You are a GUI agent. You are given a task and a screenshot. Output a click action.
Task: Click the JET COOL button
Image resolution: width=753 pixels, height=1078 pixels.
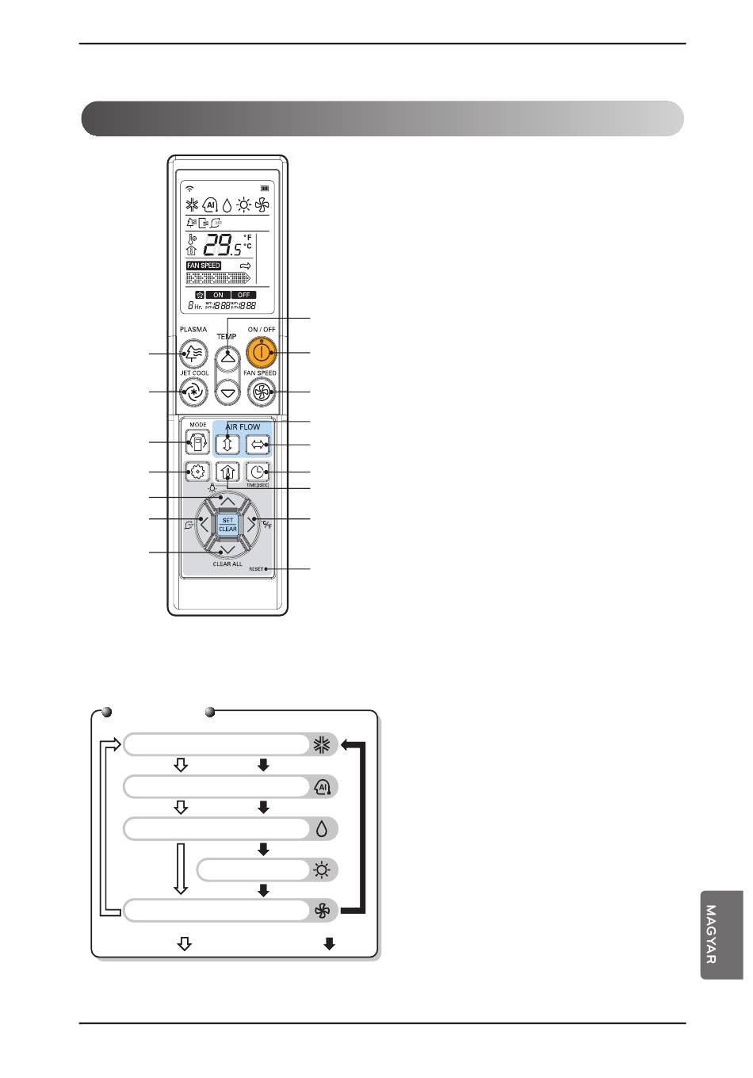click(x=193, y=391)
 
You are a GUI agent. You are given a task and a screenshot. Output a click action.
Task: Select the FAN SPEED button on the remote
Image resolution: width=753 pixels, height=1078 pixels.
click(x=260, y=391)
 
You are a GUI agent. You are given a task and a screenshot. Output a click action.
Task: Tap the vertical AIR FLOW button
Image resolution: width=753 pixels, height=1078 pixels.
click(x=227, y=444)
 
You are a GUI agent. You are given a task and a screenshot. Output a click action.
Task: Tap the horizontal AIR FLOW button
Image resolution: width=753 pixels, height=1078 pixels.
click(x=258, y=444)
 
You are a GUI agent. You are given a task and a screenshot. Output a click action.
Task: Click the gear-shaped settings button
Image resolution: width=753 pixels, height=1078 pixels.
click(x=197, y=472)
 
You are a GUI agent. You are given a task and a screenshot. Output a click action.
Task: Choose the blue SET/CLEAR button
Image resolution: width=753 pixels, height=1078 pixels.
click(x=227, y=524)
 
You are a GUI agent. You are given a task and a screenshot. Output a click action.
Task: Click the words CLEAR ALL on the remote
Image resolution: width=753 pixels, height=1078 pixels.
click(x=227, y=564)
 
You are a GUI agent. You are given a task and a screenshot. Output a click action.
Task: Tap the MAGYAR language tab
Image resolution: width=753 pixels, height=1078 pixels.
click(x=721, y=935)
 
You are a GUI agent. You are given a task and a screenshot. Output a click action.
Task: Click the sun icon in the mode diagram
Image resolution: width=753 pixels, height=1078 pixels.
click(x=321, y=870)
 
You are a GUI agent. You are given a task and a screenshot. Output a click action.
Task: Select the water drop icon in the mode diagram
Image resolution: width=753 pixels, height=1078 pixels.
click(x=321, y=829)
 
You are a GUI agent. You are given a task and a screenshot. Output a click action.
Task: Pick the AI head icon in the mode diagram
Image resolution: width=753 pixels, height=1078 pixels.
click(x=322, y=787)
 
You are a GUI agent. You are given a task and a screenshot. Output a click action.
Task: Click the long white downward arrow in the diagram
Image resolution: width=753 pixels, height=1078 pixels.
click(x=182, y=869)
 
